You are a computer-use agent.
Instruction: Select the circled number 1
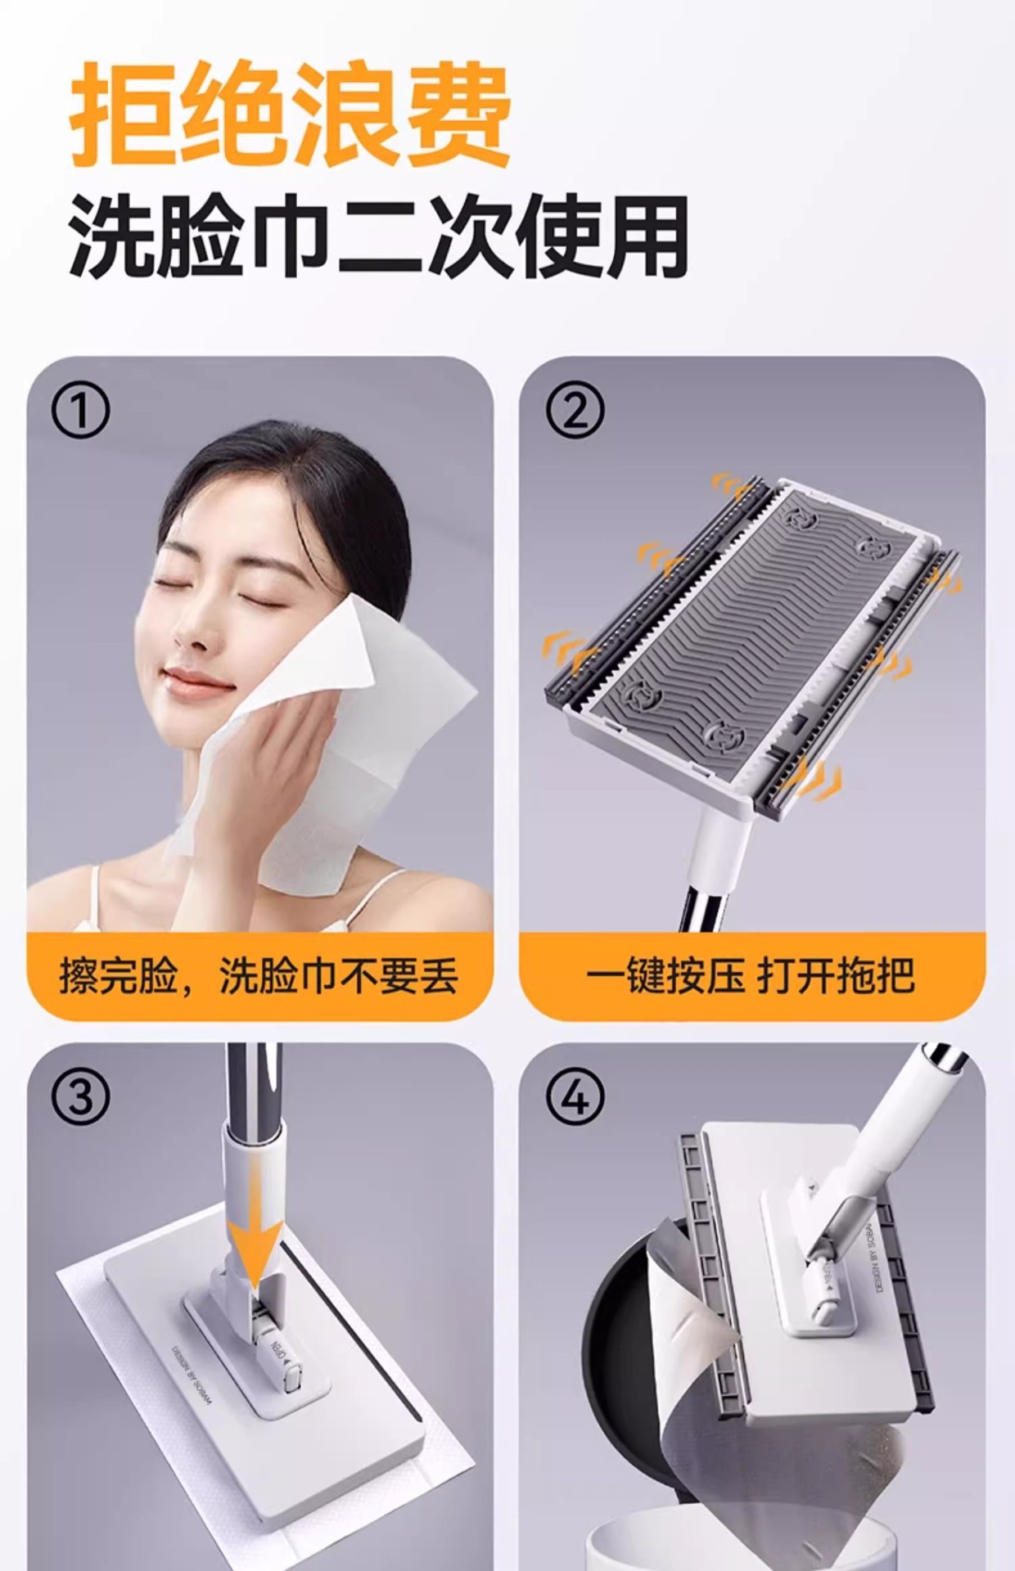click(80, 412)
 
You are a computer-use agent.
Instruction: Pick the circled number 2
click(575, 412)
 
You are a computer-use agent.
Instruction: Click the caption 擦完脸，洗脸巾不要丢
click(259, 975)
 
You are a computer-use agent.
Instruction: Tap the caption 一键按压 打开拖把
click(751, 975)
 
